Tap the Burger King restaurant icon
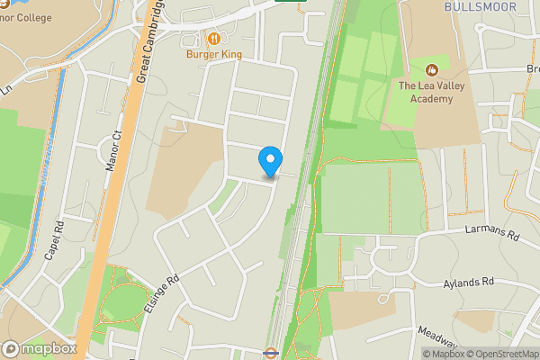pyautogui.click(x=214, y=39)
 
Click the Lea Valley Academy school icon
pyautogui.click(x=431, y=69)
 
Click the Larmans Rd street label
pyautogui.click(x=493, y=232)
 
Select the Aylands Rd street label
pyautogui.click(x=471, y=283)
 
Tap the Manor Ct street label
pyautogui.click(x=115, y=149)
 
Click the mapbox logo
pyautogui.click(x=39, y=348)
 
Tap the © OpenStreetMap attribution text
pyautogui.click(x=501, y=354)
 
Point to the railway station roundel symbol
pyautogui.click(x=270, y=354)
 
